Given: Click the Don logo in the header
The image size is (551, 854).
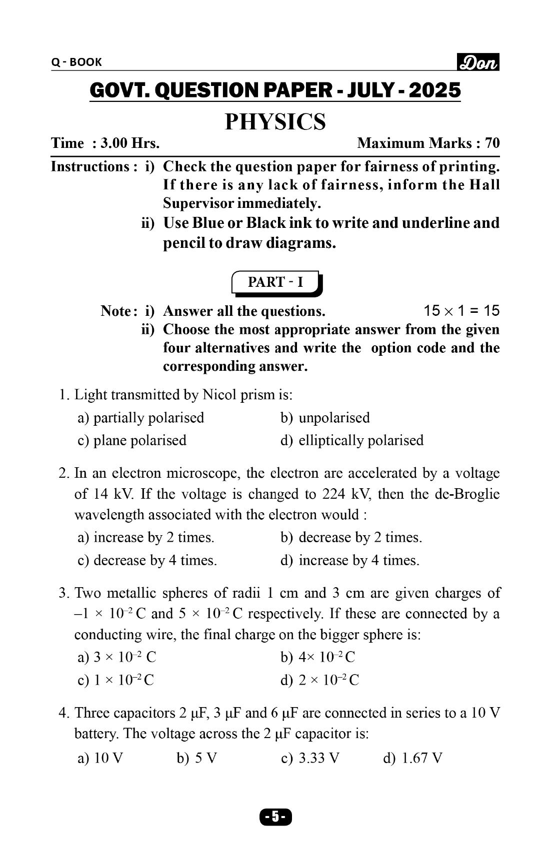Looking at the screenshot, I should [x=478, y=62].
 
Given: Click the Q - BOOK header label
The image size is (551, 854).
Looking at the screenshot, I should [x=76, y=62].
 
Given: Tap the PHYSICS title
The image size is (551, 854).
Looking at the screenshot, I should [x=275, y=122].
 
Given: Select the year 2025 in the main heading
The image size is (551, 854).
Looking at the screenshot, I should [x=434, y=90].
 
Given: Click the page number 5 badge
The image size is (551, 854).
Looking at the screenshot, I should [x=275, y=817].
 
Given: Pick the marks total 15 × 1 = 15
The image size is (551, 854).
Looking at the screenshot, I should [x=461, y=311].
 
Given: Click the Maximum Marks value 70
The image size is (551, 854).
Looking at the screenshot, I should [x=492, y=143].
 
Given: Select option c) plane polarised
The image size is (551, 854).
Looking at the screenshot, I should [x=132, y=440].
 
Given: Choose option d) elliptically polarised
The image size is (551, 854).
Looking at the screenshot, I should [x=352, y=440].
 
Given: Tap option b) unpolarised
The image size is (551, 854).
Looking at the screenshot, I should [x=325, y=418].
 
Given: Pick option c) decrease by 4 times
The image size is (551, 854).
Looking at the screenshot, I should [x=147, y=560].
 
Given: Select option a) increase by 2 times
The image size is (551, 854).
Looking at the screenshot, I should [x=145, y=538].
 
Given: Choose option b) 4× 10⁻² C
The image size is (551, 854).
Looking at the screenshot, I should [x=318, y=657].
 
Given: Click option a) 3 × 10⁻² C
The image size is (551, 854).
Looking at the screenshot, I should [x=117, y=657].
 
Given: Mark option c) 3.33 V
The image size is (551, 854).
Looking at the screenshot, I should [x=310, y=759].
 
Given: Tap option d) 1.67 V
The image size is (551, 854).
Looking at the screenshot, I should [x=412, y=759].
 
